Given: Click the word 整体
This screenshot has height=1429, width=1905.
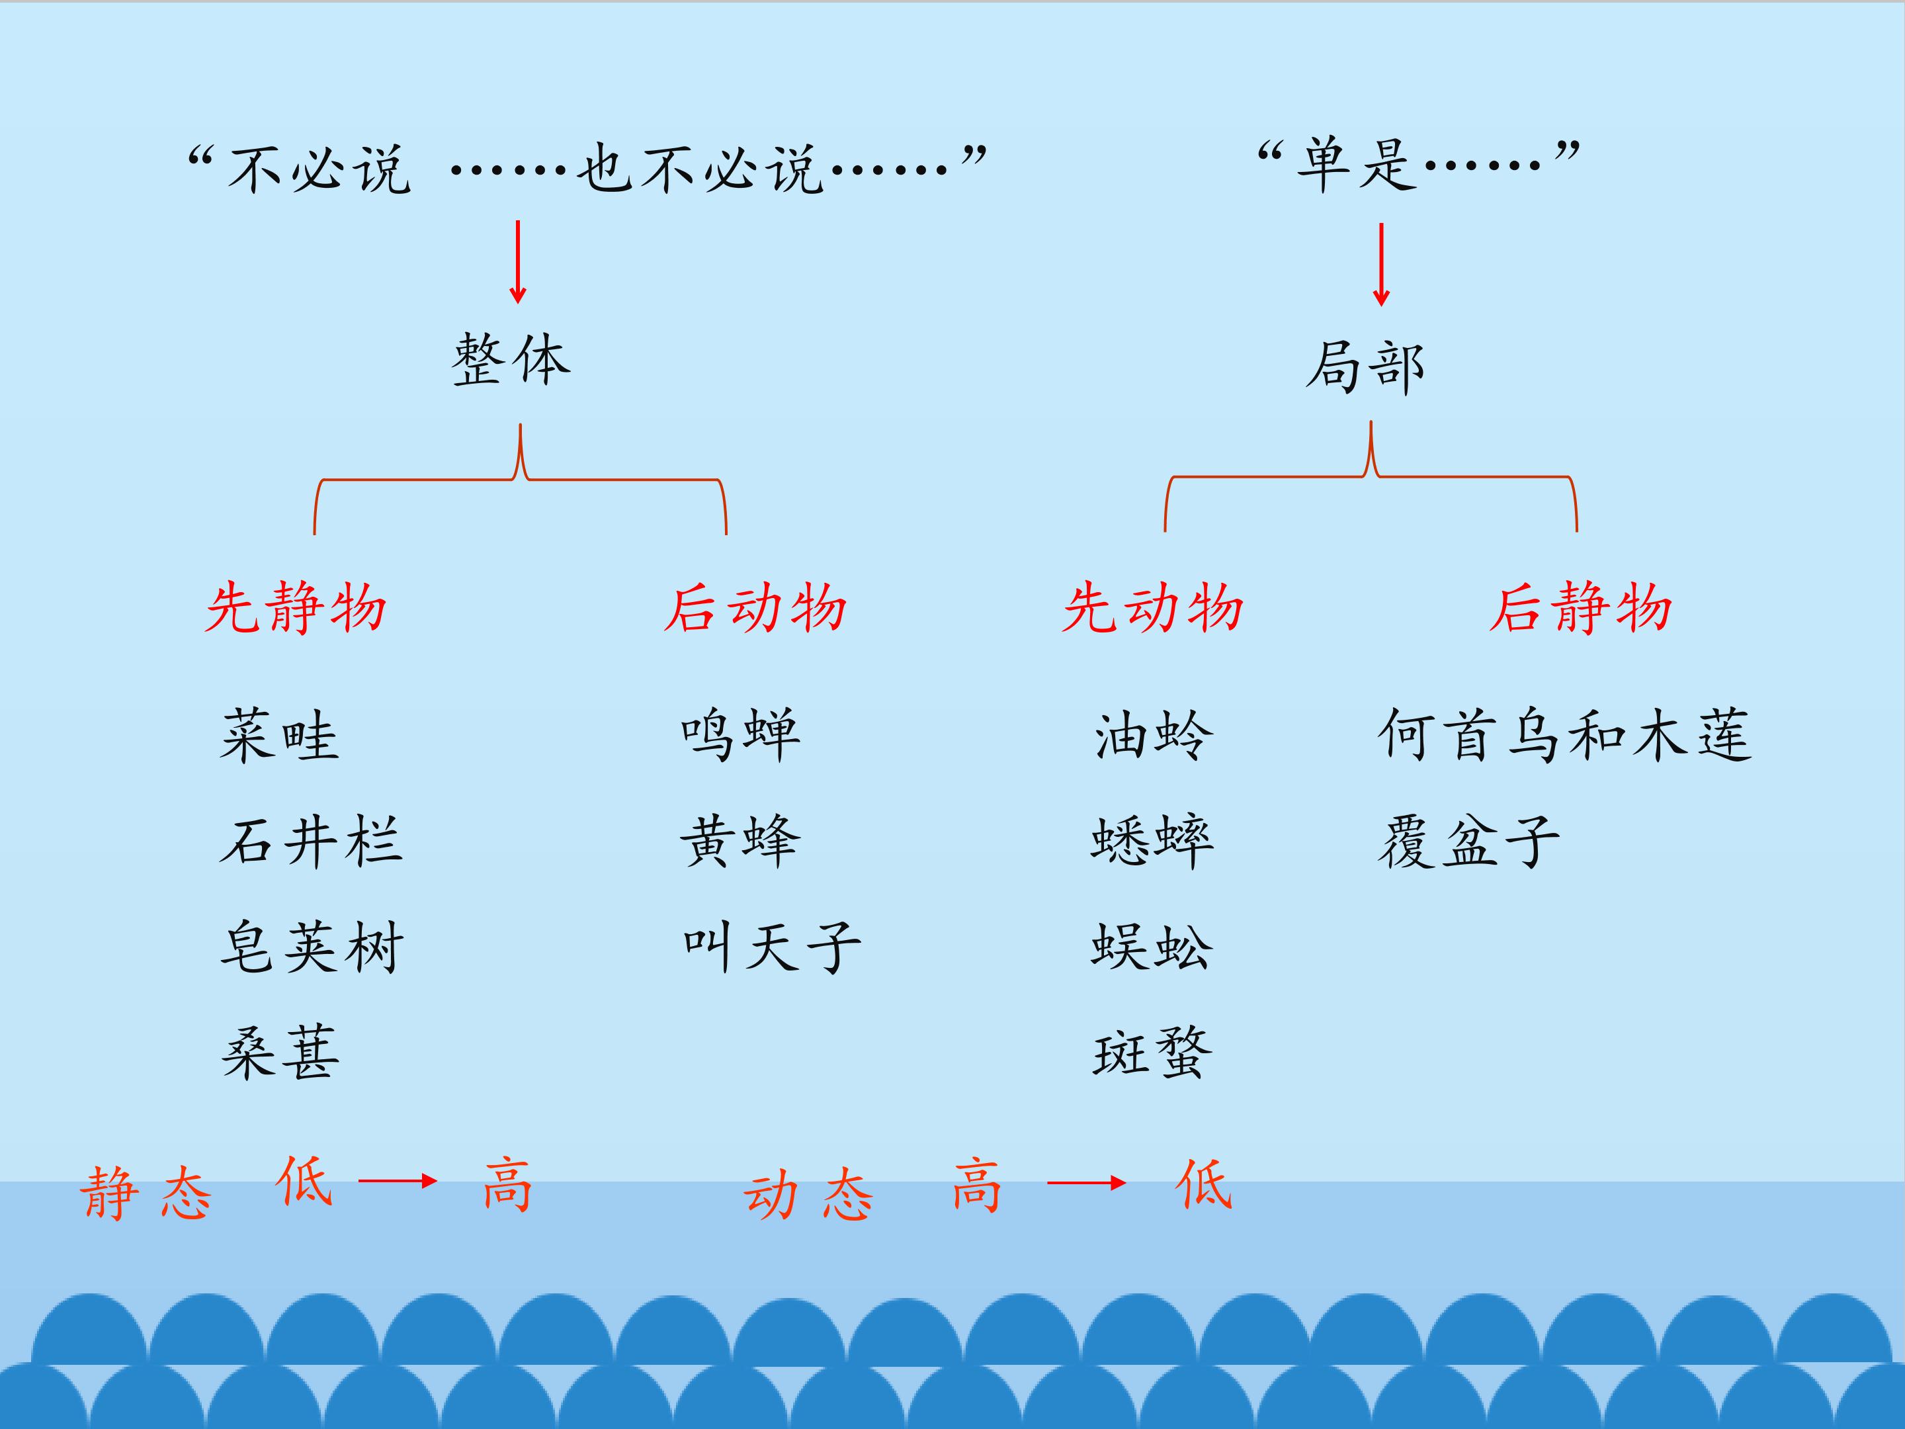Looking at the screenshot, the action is click(511, 359).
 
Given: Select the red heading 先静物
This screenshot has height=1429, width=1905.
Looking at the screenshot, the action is click(296, 608).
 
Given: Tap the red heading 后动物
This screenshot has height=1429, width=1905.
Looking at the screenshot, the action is click(755, 608).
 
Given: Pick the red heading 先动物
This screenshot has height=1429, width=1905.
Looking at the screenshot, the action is click(1152, 608).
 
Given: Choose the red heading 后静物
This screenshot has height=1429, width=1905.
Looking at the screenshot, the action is click(1580, 608).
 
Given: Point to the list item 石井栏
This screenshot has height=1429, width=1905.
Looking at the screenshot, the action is click(311, 841).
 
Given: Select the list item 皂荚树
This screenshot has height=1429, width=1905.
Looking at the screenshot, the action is click(311, 947).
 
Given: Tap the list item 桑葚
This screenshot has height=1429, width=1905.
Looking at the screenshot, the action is click(280, 1053).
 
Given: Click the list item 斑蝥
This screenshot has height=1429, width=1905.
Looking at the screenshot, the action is click(1152, 1053).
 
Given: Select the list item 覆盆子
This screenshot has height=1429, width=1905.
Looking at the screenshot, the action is click(1468, 841).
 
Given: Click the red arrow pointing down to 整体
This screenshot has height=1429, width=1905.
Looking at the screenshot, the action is click(517, 262).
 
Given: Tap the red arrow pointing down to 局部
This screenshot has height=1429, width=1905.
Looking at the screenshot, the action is click(1381, 265).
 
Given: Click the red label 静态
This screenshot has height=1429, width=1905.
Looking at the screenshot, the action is click(146, 1193).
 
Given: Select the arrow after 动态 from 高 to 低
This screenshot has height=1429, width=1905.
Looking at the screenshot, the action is click(1087, 1184).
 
